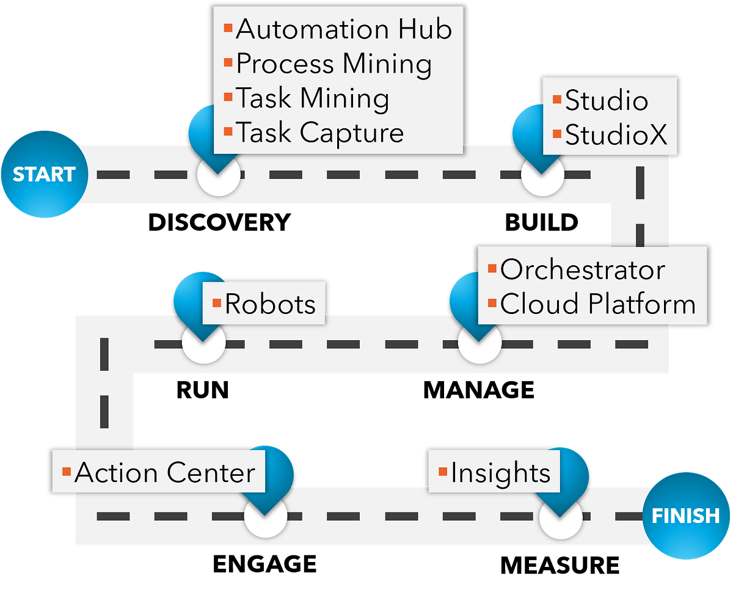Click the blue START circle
coord(44,175)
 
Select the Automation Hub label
coord(343,29)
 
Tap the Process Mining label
coord(334,64)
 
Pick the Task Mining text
coord(312,98)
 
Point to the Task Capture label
coord(319,133)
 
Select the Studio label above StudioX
coord(606,101)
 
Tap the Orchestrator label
coord(582,270)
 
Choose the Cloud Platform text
coord(597,304)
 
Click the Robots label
coord(270,304)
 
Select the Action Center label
coord(164,473)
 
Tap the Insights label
coord(500,473)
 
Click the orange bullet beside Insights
coord(443,472)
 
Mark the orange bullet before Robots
coord(216,303)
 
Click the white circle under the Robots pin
coord(203,345)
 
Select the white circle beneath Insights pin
coord(560,519)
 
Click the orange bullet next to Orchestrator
coord(492,269)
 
